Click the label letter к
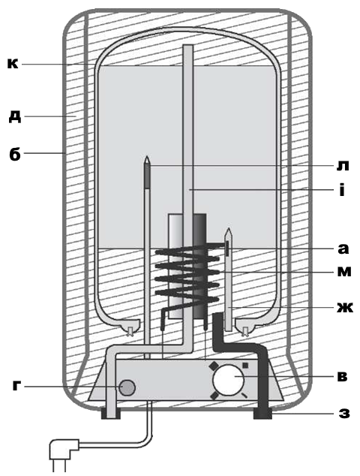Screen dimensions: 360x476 [13, 64]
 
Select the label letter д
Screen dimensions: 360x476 [15, 116]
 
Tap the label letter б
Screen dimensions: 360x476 [15, 153]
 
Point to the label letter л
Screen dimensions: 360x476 [343, 167]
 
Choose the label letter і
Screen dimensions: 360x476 [342, 191]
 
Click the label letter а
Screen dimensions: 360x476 [343, 249]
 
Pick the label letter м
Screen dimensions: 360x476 [344, 271]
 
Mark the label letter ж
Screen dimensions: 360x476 [345, 308]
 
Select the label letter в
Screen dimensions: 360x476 [342, 376]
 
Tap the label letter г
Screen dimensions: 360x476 [17, 386]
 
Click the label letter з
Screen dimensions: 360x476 [344, 413]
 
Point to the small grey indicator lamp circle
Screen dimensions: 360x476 [127, 387]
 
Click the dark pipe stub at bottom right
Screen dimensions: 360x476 [262, 414]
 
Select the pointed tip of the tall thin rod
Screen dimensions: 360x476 [147, 157]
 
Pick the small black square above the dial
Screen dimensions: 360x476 [245, 365]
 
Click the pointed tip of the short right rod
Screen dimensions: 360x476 [228, 229]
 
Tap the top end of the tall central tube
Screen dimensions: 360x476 [188, 46]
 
